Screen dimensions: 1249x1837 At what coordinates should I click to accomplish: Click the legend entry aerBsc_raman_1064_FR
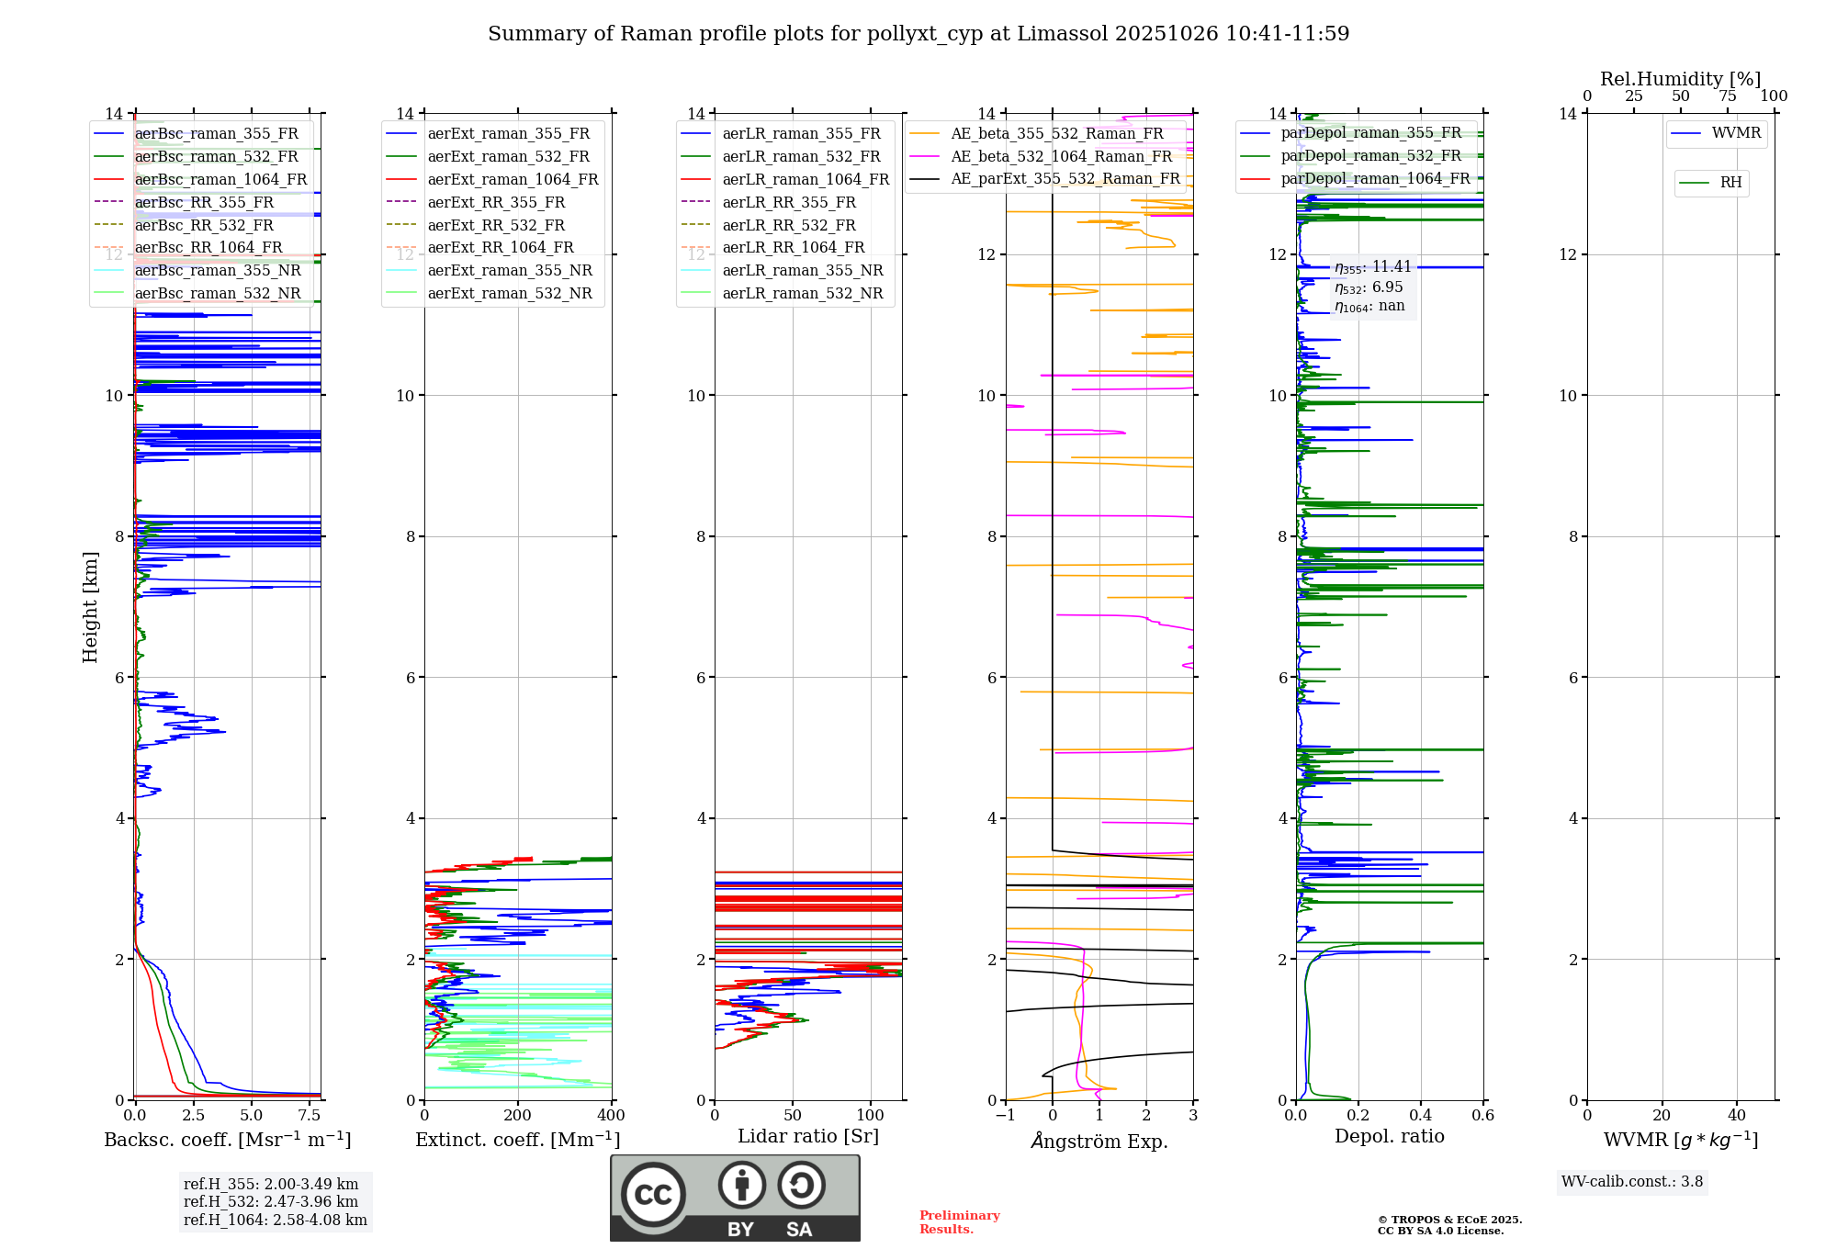pyautogui.click(x=220, y=180)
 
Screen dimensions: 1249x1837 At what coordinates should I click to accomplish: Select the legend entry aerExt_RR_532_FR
pyautogui.click(x=496, y=225)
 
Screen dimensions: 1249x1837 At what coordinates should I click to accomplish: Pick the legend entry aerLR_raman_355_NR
pyautogui.click(x=802, y=270)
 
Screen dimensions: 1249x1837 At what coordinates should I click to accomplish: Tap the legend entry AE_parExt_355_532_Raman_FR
pyautogui.click(x=1065, y=178)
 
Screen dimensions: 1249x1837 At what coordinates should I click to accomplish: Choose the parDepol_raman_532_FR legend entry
pyautogui.click(x=1370, y=156)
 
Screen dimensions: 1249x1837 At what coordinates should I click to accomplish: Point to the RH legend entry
pyautogui.click(x=1730, y=183)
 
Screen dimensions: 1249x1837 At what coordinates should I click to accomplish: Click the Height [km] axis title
pyautogui.click(x=90, y=607)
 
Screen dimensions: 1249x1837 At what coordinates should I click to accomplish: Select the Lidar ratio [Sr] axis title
pyautogui.click(x=808, y=1136)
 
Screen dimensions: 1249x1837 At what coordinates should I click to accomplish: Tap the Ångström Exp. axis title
pyautogui.click(x=1099, y=1141)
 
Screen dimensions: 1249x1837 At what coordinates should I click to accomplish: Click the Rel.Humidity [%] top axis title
pyautogui.click(x=1680, y=79)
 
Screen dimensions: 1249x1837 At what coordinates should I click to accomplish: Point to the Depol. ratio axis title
pyautogui.click(x=1389, y=1136)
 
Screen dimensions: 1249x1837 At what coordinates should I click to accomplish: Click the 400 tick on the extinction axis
pyautogui.click(x=612, y=1116)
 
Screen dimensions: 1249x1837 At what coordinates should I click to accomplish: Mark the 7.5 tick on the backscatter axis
pyautogui.click(x=310, y=1116)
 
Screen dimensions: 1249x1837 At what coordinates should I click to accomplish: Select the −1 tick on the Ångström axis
pyautogui.click(x=1005, y=1116)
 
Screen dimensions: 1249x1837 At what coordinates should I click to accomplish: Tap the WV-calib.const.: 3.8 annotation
pyautogui.click(x=1632, y=1182)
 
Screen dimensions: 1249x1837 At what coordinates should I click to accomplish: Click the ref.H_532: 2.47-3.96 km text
pyautogui.click(x=271, y=1201)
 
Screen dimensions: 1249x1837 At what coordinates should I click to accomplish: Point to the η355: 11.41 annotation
pyautogui.click(x=1372, y=267)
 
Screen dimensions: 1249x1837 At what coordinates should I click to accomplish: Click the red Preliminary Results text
pyautogui.click(x=959, y=1222)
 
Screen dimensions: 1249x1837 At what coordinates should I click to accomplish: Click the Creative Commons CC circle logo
pyautogui.click(x=653, y=1195)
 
